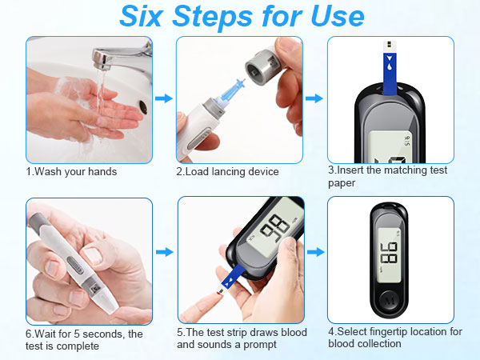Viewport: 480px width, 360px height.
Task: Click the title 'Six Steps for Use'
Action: click(x=240, y=16)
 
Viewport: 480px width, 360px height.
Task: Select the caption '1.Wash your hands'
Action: click(x=71, y=171)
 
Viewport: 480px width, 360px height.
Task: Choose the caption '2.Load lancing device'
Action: click(x=227, y=171)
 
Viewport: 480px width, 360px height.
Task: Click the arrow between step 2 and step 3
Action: click(x=315, y=98)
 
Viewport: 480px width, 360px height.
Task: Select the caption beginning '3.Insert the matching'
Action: click(x=387, y=176)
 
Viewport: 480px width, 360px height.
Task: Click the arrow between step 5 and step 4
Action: click(x=315, y=252)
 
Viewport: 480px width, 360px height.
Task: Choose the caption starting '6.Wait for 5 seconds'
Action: click(x=84, y=339)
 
